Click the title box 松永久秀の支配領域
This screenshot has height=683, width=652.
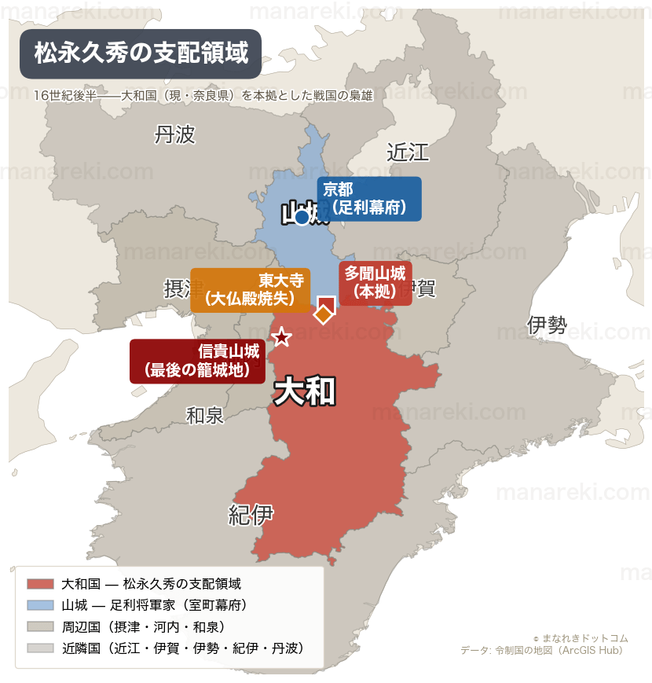(141, 53)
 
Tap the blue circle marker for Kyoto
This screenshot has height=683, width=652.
(302, 217)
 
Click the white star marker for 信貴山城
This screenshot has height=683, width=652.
(281, 337)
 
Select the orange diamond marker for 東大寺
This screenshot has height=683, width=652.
(323, 314)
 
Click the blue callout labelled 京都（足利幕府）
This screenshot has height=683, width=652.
(369, 199)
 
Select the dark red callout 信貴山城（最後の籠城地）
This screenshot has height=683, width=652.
(198, 361)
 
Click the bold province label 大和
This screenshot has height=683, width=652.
(305, 391)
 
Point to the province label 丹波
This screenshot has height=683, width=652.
(174, 135)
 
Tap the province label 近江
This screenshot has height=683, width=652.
(408, 152)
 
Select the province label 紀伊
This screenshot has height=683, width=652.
(251, 515)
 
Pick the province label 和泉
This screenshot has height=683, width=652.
(205, 415)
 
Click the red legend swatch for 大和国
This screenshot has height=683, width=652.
(40, 584)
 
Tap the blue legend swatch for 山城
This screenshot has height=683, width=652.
(40, 605)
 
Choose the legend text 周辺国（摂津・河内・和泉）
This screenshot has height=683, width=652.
(145, 626)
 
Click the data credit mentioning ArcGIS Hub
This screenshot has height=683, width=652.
(541, 650)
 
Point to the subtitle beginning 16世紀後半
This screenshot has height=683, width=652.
(203, 96)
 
